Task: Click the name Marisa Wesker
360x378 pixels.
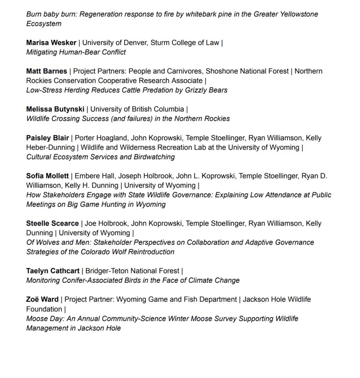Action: (x=51, y=42)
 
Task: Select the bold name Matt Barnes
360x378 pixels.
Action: (x=46, y=71)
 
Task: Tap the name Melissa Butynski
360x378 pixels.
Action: (x=55, y=109)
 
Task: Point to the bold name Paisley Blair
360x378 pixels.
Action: (x=48, y=138)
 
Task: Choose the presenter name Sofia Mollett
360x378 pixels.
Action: (x=48, y=176)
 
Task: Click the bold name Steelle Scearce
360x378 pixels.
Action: (x=52, y=223)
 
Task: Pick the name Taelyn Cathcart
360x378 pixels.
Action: (x=53, y=271)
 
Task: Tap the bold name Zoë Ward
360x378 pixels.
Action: (x=42, y=299)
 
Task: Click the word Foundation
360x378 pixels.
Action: (x=44, y=309)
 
